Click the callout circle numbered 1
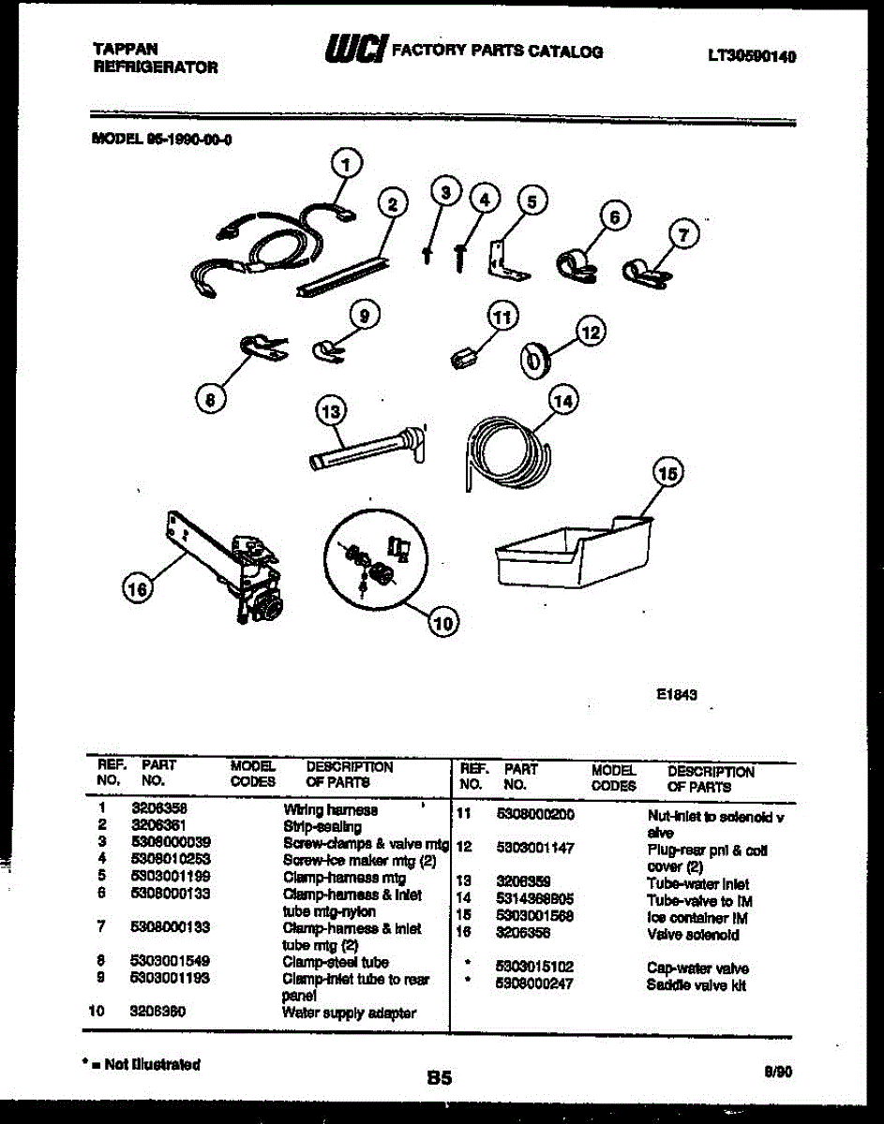[x=347, y=166]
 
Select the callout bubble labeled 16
[x=139, y=587]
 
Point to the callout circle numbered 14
[x=562, y=402]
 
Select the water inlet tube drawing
[x=366, y=450]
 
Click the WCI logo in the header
[x=355, y=52]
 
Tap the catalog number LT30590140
[x=752, y=56]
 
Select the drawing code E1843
[x=676, y=695]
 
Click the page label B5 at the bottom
[x=439, y=1078]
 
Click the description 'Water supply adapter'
[x=349, y=1013]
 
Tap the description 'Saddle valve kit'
[x=696, y=985]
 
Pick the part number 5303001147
[x=535, y=849]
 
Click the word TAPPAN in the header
[x=126, y=48]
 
